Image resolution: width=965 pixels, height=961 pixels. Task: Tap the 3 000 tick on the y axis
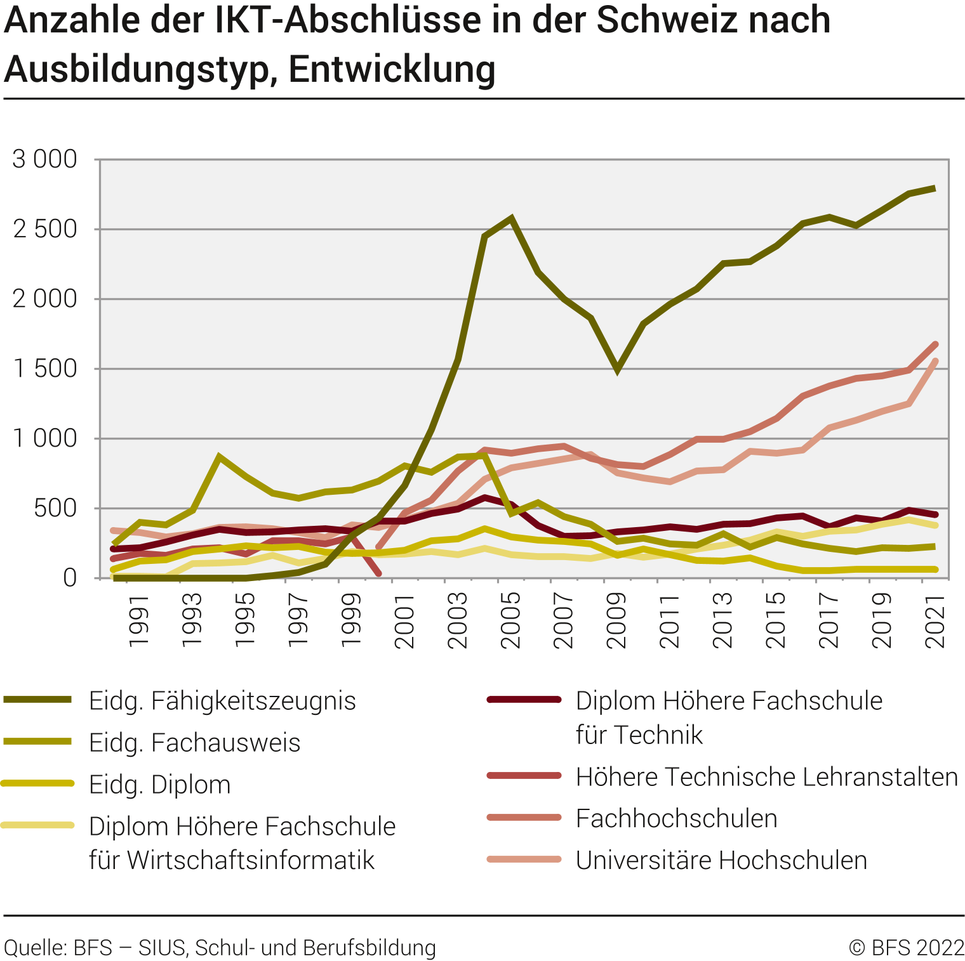45,159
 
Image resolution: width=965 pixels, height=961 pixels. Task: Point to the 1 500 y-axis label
45,369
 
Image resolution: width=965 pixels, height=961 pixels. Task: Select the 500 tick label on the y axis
55,508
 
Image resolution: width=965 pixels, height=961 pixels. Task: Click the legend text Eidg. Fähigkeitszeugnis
222,701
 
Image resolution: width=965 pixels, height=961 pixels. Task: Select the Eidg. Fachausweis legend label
194,743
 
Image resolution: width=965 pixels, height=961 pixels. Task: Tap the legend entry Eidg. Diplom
159,785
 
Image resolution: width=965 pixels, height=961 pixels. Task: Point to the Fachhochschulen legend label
676,818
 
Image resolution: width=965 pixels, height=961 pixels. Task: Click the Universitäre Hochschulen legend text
721,860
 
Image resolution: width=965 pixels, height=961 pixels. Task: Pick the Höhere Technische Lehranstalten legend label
766,777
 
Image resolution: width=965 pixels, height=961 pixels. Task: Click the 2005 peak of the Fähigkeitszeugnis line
511,219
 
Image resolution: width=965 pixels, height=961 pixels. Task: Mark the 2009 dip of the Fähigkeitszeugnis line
617,370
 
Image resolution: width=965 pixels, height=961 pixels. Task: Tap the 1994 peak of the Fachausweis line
219,457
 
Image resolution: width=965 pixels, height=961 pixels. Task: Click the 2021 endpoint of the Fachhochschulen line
935,344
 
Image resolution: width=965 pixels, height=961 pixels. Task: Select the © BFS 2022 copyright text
907,948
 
